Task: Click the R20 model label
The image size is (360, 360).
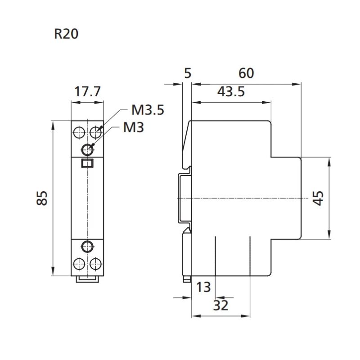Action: pos(66,34)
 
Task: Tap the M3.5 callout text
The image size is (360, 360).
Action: pos(148,110)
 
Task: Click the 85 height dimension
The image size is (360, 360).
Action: pos(42,198)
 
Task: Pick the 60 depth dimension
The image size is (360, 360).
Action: pos(246,73)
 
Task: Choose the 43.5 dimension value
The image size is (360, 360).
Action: pos(231,92)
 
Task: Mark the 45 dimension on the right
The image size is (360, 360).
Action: pos(318,198)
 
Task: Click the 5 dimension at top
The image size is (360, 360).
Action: pos(188,73)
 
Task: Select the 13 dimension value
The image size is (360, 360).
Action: pos(203,287)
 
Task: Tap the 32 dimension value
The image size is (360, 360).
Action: pos(220,306)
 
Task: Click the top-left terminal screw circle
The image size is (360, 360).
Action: pos(79,132)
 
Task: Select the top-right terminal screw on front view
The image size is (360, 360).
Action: pos(95,132)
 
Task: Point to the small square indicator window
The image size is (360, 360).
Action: pos(87,163)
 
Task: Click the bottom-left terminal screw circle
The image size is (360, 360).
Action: pos(79,263)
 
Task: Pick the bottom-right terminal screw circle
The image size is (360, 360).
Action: pos(95,263)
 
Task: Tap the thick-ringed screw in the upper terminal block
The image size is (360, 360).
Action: pos(87,149)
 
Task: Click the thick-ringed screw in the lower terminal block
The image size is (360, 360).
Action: pos(87,246)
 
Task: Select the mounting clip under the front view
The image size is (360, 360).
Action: pos(87,279)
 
